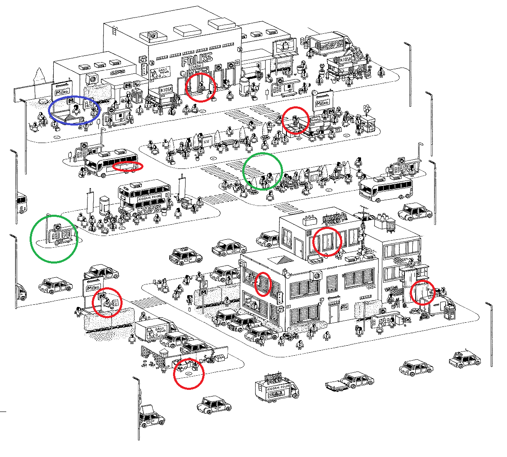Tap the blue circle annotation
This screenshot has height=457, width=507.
coord(74,110)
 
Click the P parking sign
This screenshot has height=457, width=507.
coord(203,284)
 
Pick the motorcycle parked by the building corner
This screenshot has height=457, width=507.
coord(291,336)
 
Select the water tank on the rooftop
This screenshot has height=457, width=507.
coord(391,225)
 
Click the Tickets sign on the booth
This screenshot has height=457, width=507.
coord(315,120)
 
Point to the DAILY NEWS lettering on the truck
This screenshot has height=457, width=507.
coord(160,330)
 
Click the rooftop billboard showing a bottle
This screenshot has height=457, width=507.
coord(285,46)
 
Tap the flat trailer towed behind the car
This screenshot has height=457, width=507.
coord(334,386)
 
